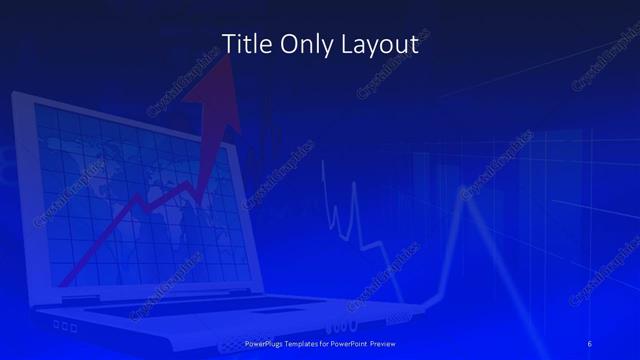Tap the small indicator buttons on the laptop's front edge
pos(66,326)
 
